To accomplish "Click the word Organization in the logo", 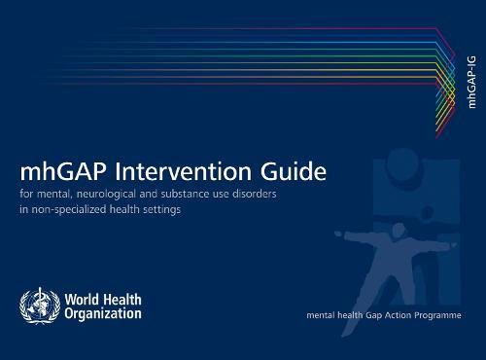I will pyautogui.click(x=103, y=313).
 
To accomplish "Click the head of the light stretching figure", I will pyautogui.click(x=390, y=222).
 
